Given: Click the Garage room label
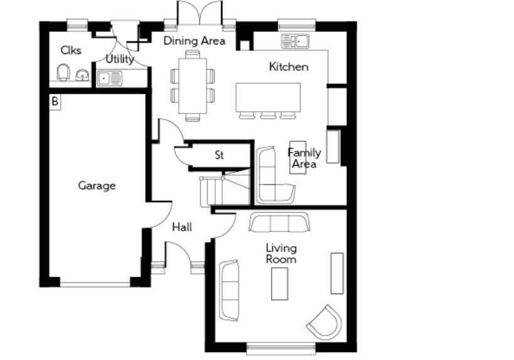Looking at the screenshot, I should pos(97,186).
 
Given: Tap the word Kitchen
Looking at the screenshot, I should pos(289,66).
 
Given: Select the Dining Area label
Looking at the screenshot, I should pos(195,41).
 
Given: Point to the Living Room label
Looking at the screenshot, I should pos(281,253).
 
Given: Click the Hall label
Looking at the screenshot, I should pos(182,227).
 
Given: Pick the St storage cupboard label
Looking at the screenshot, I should pos(219,155).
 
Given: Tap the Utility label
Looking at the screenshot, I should pos(119,59).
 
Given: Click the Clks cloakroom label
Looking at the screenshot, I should pos(71,50).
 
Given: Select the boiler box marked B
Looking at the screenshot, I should pos(55,101).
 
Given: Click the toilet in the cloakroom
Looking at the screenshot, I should pos(63,74).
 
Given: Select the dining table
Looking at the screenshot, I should pos(192,85).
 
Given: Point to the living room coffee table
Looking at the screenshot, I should pos(279,283).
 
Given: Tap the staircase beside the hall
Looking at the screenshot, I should pos(224,188).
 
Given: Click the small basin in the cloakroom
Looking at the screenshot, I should pos(82,76).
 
